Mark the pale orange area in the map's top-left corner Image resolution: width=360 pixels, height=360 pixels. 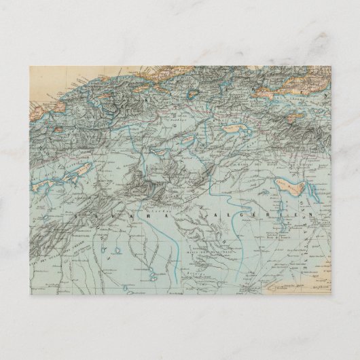41,85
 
